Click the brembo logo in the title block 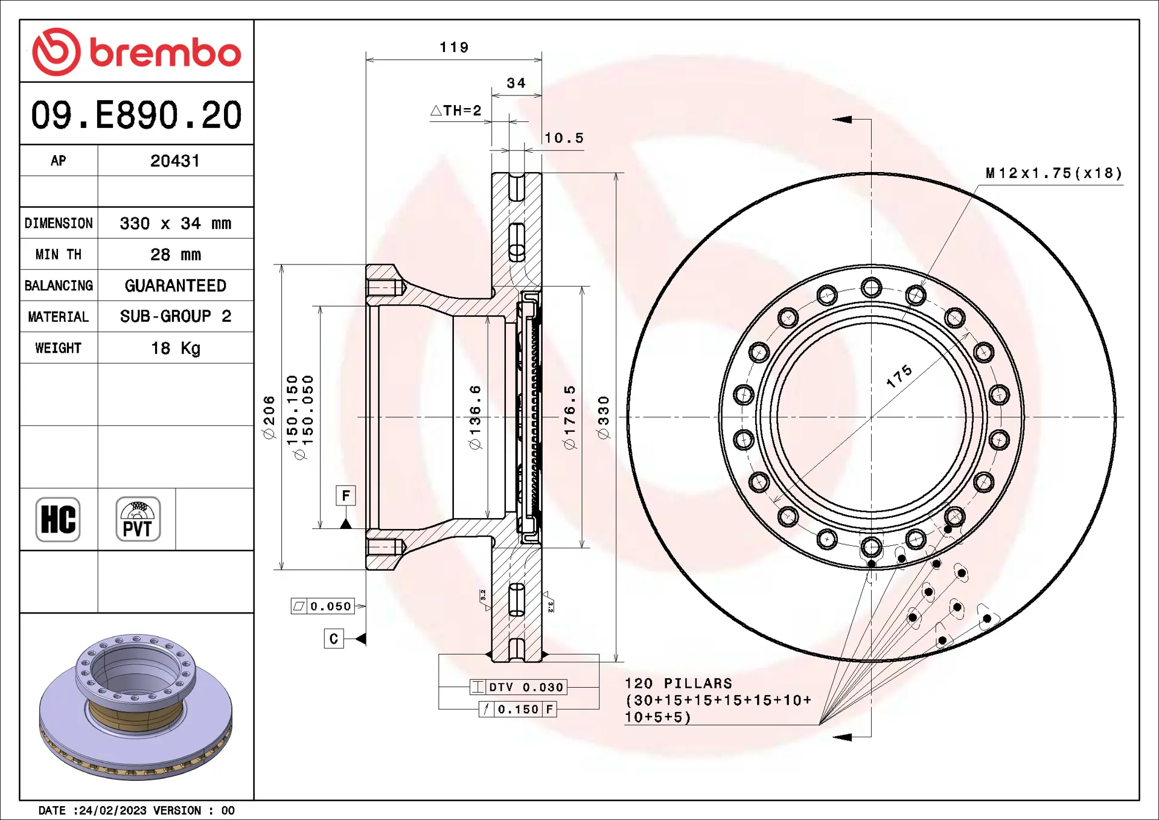click(x=136, y=52)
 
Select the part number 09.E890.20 click(x=136, y=115)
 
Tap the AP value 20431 click(x=175, y=161)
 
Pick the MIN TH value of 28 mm click(x=175, y=254)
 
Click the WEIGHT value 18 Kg click(x=175, y=348)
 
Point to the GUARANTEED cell click(x=175, y=285)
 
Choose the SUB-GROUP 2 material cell click(x=175, y=316)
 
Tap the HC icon click(x=58, y=519)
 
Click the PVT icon click(x=138, y=519)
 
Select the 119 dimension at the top click(x=454, y=47)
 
